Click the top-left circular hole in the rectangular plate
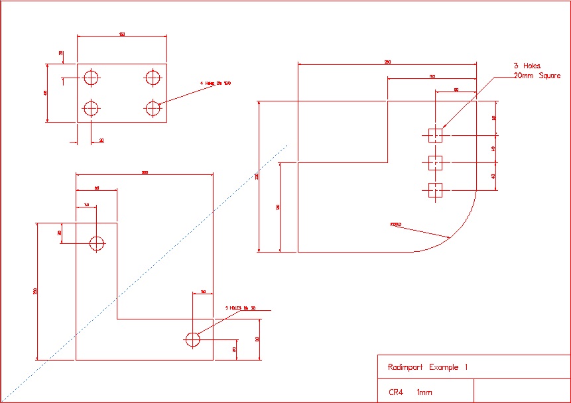[x=91, y=78]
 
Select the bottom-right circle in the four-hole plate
[x=154, y=107]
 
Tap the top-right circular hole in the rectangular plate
[x=154, y=78]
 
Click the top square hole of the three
[x=435, y=135]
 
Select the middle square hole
[x=435, y=162]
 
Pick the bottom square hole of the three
[x=435, y=190]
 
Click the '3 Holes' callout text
[x=527, y=66]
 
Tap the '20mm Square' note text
[x=537, y=76]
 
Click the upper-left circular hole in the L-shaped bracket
[x=97, y=243]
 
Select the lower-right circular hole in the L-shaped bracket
[x=192, y=339]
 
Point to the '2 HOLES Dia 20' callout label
[x=240, y=308]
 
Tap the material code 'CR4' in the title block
[x=396, y=392]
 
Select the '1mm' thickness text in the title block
[x=424, y=392]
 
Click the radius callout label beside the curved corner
[x=396, y=225]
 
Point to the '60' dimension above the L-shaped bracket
[x=97, y=188]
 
